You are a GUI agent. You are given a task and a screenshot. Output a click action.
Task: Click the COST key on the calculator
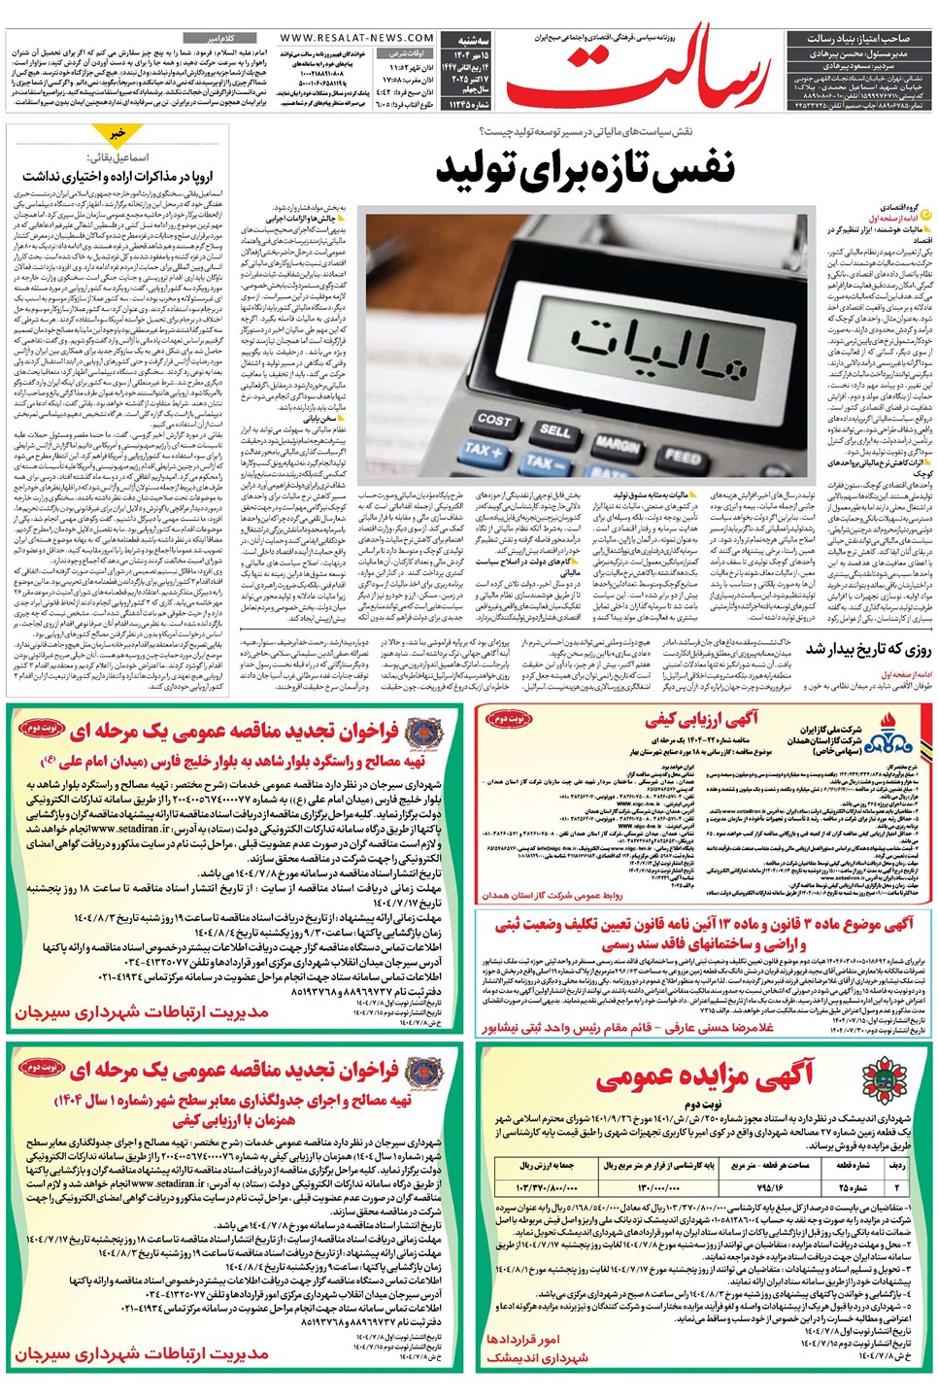pos(493,420)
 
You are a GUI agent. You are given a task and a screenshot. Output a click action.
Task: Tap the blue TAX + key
pos(483,451)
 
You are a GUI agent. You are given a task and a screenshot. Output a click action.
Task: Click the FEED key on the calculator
pos(682,456)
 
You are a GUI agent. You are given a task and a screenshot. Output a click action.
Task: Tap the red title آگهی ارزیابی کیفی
pos(702,720)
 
